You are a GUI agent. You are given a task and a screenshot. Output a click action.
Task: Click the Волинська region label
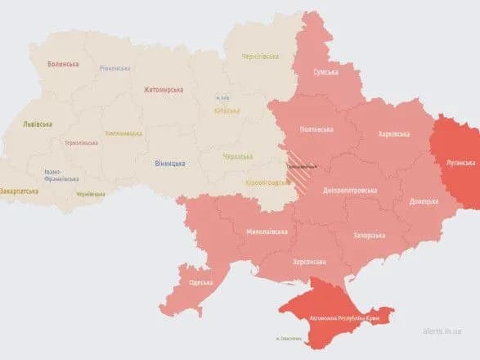click(x=62, y=64)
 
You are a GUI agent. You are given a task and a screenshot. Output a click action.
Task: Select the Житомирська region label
click(x=164, y=89)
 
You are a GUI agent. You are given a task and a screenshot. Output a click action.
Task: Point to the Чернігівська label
click(x=260, y=56)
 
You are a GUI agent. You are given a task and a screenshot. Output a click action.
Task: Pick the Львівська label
click(x=38, y=124)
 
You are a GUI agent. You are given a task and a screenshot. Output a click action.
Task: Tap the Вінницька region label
click(x=169, y=164)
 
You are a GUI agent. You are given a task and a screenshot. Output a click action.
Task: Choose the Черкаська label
click(x=238, y=155)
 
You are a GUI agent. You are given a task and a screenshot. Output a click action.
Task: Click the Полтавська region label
click(x=317, y=129)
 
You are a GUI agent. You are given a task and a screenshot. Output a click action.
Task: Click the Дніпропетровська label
click(x=351, y=190)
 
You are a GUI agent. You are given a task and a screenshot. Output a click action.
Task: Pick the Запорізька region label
click(x=367, y=235)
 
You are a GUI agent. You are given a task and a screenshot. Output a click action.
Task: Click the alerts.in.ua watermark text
click(x=442, y=332)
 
